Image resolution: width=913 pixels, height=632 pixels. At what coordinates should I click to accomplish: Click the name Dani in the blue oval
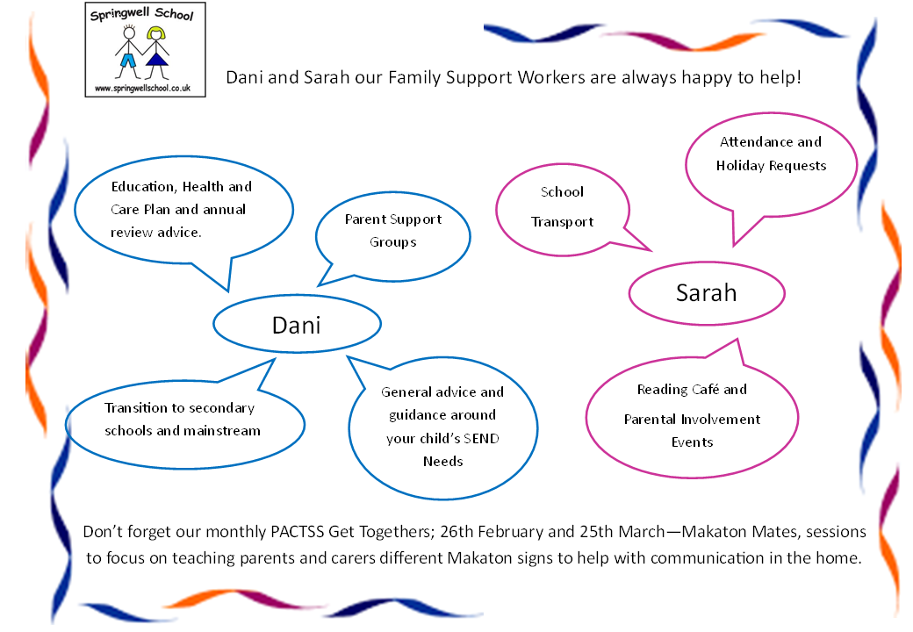(297, 326)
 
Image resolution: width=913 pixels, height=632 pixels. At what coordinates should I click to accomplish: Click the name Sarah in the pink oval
(707, 292)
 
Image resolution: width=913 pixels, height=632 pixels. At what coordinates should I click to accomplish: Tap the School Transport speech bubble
(563, 210)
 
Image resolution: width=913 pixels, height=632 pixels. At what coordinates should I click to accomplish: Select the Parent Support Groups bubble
(393, 236)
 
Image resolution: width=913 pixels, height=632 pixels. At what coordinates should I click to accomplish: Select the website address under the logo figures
(142, 89)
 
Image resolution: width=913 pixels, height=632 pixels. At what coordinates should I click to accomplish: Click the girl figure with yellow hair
(156, 53)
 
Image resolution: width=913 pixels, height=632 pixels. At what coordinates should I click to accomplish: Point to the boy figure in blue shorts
(128, 53)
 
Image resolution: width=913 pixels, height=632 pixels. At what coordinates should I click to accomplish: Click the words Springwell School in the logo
(141, 14)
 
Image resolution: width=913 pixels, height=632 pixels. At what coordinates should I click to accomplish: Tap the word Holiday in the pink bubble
(740, 166)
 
